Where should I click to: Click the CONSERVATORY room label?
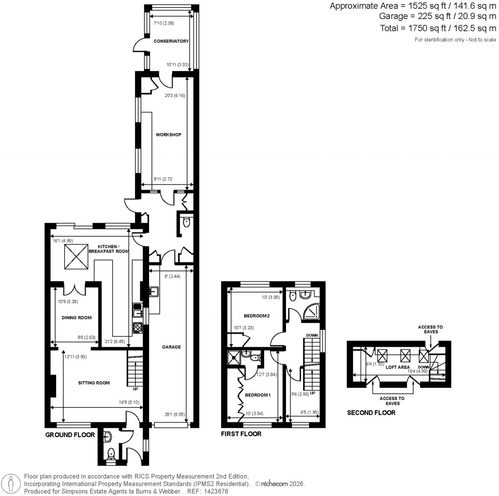(x=171, y=41)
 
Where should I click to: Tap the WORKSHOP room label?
(x=168, y=134)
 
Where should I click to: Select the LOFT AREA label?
(x=398, y=367)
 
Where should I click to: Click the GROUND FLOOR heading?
(x=70, y=435)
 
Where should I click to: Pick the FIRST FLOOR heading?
(x=241, y=434)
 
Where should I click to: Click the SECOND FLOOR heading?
(x=371, y=413)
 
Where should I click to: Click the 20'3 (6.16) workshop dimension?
(x=175, y=96)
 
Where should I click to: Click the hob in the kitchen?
(x=138, y=327)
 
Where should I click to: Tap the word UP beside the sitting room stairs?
(x=134, y=389)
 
